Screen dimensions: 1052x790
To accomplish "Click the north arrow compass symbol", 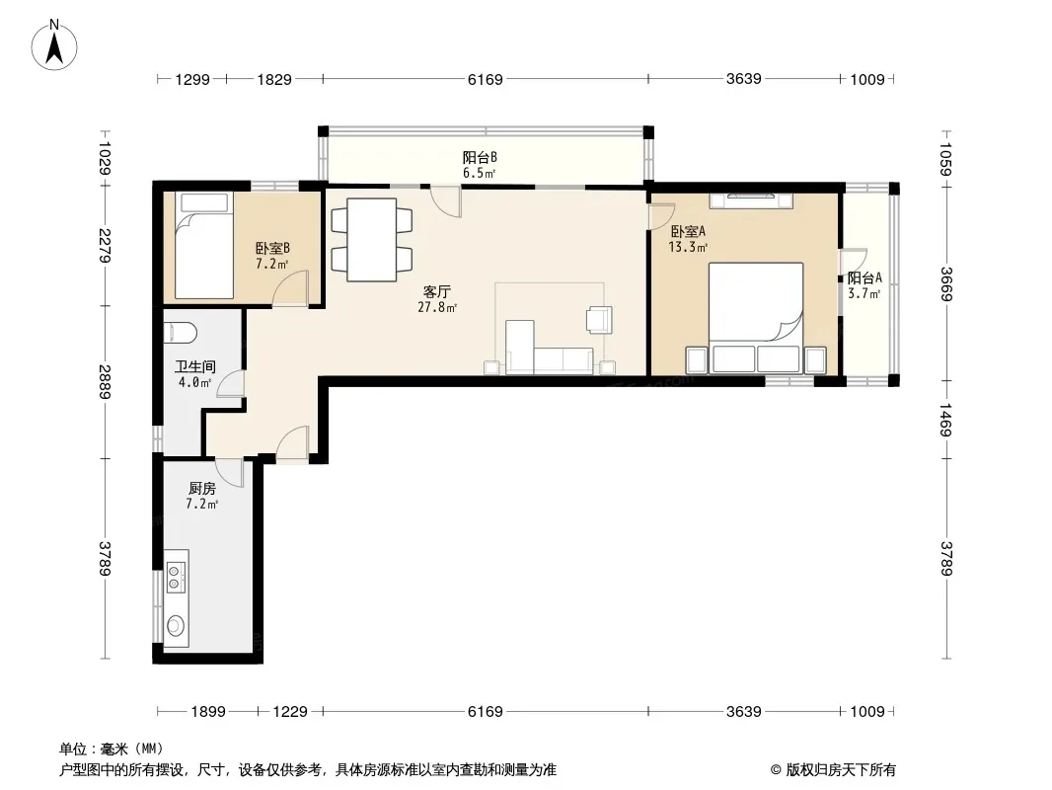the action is [x=54, y=45].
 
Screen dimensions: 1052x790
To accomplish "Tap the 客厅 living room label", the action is [x=437, y=292].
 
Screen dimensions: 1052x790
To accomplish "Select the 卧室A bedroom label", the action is [x=688, y=231].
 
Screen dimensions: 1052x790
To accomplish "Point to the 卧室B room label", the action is [x=272, y=248].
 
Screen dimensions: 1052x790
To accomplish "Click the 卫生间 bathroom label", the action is [x=195, y=366].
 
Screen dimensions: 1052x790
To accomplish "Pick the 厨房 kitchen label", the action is [x=202, y=488].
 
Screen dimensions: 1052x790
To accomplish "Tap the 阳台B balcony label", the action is [x=480, y=158].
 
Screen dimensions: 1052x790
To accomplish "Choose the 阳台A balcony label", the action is [x=864, y=277].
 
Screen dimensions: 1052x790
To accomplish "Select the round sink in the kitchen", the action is [x=176, y=625].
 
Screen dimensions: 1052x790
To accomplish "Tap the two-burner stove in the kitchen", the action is [x=175, y=578].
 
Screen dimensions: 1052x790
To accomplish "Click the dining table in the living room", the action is [x=372, y=240].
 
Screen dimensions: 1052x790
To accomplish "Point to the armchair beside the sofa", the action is [x=599, y=320].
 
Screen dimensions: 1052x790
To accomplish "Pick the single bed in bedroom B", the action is [x=204, y=245].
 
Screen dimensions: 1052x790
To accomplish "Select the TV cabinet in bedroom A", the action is [x=751, y=200].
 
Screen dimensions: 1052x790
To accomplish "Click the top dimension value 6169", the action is [x=486, y=79].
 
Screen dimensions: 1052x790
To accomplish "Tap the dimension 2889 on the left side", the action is [x=105, y=381].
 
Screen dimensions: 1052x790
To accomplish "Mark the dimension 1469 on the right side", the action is [x=945, y=420].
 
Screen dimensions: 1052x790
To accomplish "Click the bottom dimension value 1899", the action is [x=208, y=711].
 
